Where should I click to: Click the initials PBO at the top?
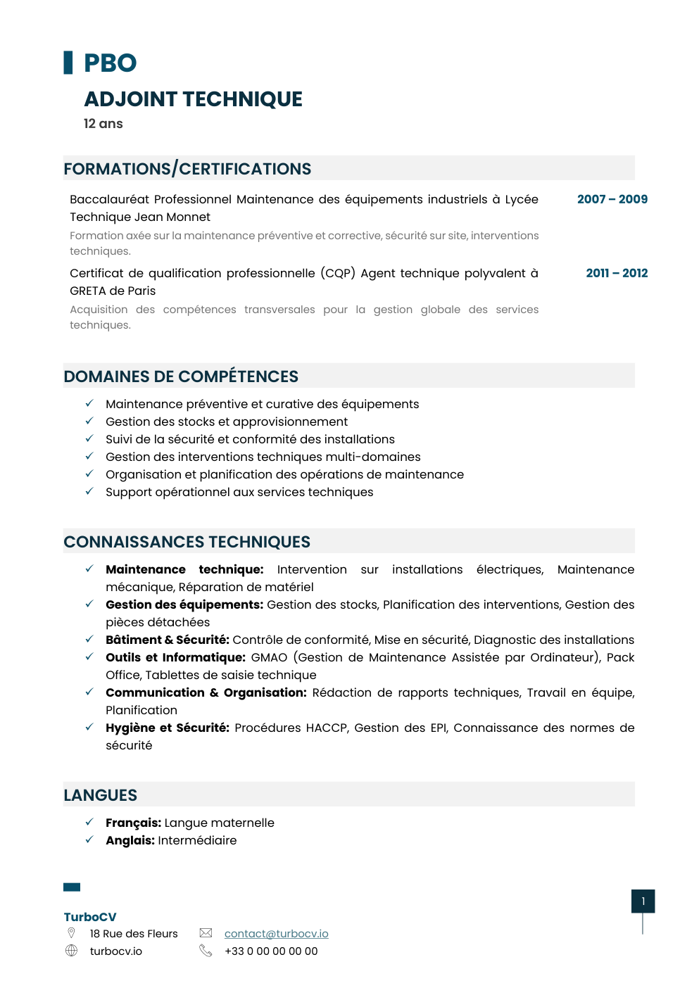click(x=110, y=63)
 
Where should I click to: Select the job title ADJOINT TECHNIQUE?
click(x=193, y=99)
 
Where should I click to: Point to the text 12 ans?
click(x=103, y=124)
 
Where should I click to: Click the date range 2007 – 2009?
click(x=612, y=199)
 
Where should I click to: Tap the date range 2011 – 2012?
click(x=617, y=273)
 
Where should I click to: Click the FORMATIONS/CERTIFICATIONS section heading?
click(x=187, y=169)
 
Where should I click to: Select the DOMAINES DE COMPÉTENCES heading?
click(x=181, y=376)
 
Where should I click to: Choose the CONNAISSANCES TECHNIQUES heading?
click(x=187, y=542)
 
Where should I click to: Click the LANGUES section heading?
click(x=101, y=795)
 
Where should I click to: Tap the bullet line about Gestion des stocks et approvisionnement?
click(x=227, y=422)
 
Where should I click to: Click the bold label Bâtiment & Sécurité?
click(x=168, y=640)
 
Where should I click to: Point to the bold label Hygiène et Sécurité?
click(x=168, y=728)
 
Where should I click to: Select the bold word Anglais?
click(x=130, y=840)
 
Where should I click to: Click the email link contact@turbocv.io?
click(x=276, y=934)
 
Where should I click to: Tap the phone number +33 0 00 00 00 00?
click(x=271, y=951)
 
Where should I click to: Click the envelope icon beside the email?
click(x=206, y=933)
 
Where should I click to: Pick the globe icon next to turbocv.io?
click(x=71, y=951)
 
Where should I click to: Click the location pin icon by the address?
click(x=71, y=933)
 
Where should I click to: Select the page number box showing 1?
click(x=643, y=901)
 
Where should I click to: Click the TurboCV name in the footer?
click(x=90, y=917)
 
